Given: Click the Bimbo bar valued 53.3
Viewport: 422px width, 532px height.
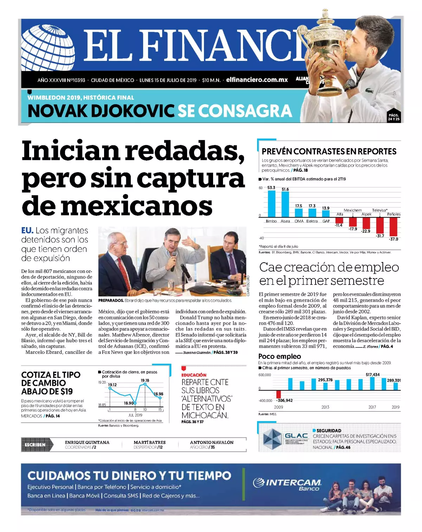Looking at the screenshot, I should click(x=271, y=204).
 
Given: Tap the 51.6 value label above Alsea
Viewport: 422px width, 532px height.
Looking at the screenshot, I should click(x=285, y=189).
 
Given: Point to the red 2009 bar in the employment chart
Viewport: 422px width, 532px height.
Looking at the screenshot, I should click(x=279, y=394).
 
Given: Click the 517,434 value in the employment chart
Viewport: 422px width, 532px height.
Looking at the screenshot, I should click(x=372, y=375).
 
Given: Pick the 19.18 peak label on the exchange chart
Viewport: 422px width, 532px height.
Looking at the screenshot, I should click(x=145, y=380).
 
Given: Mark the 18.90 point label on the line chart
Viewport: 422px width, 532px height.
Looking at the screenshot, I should click(x=129, y=403).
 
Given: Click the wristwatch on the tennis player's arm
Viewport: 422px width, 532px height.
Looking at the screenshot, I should click(x=349, y=84).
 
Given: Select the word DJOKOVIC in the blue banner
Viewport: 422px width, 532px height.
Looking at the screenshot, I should click(x=133, y=111).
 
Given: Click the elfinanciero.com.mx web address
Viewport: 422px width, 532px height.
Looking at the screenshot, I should click(x=257, y=80).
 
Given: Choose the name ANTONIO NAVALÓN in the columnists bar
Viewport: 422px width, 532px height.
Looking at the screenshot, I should click(x=212, y=442).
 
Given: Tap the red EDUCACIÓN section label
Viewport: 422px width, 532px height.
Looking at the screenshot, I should click(x=194, y=375).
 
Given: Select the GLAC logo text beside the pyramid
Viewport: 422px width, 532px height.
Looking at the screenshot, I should click(x=296, y=436).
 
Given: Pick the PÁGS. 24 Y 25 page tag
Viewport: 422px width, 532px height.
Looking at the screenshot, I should click(x=394, y=117).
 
